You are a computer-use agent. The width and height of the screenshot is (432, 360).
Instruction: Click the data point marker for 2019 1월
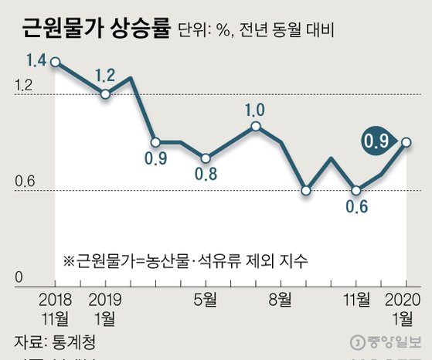105,94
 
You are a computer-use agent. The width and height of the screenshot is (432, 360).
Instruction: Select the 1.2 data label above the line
106,75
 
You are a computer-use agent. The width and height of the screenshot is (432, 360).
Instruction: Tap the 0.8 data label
205,174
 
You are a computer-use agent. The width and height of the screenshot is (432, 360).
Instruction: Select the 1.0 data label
255,109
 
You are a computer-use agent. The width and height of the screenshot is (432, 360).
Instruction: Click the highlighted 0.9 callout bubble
378,141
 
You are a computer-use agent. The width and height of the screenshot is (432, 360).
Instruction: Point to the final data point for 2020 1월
406,142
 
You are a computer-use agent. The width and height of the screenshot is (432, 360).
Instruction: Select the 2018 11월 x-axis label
55,308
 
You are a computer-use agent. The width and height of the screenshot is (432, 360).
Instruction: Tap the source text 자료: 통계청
58,340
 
